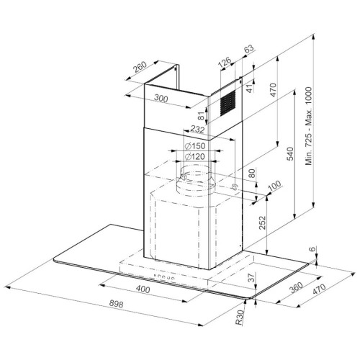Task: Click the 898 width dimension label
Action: point(116,304)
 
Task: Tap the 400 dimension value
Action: point(143,289)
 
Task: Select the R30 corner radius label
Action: point(240,318)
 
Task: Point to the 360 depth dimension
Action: point(296,287)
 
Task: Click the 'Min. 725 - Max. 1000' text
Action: point(309,126)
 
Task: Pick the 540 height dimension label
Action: point(290,154)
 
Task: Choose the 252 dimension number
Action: point(263,222)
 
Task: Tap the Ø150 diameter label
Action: point(195,145)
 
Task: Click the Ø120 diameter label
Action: point(195,157)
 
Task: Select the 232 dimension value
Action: point(197,130)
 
